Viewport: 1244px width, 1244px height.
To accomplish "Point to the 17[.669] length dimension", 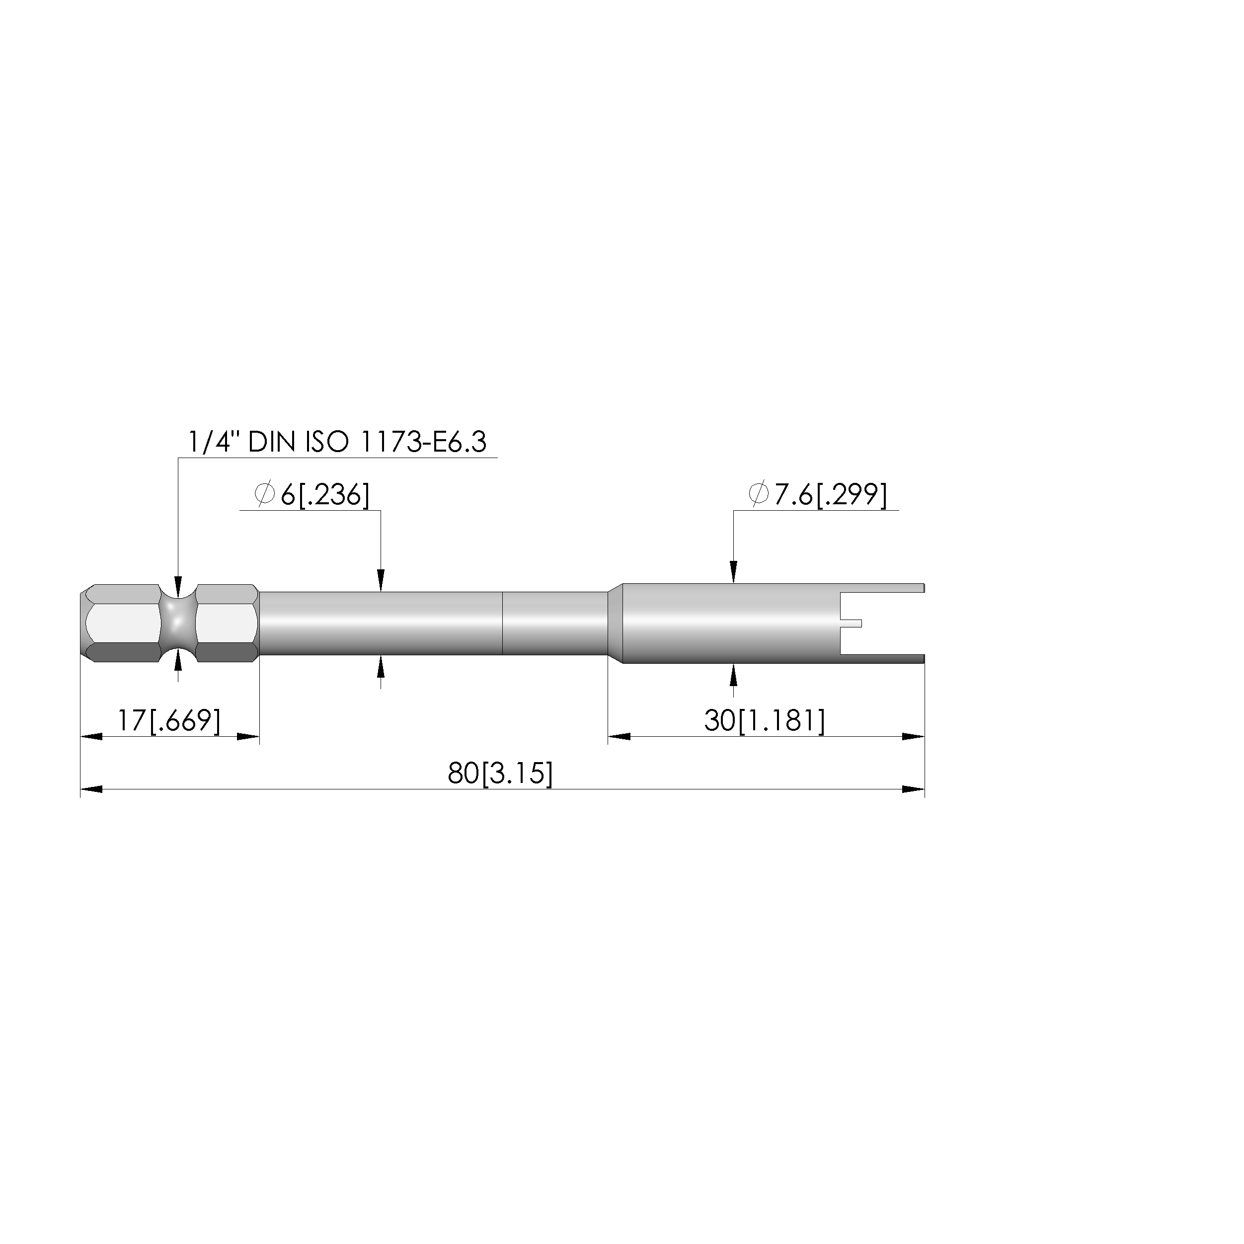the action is click(169, 720).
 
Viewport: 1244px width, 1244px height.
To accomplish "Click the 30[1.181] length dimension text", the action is click(764, 720).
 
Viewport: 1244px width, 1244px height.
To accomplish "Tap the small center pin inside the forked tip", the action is click(851, 622).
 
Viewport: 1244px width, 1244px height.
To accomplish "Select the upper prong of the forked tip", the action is click(882, 588).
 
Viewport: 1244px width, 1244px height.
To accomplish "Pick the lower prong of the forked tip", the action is click(882, 658).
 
